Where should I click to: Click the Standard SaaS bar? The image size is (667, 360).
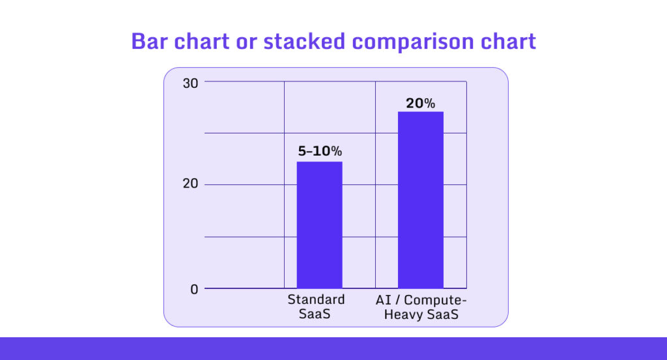tap(319, 225)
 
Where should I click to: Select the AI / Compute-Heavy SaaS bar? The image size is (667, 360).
tap(421, 200)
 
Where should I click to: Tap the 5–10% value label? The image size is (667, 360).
tap(319, 151)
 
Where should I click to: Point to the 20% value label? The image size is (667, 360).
tap(420, 103)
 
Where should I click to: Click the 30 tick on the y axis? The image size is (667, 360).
tap(190, 83)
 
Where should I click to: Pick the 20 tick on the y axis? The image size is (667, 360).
tap(190, 184)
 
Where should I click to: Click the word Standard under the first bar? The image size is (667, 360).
tap(316, 300)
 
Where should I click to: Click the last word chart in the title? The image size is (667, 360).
tap(510, 42)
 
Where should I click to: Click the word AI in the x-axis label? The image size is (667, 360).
tap(382, 300)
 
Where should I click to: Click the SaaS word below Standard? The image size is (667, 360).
tap(316, 315)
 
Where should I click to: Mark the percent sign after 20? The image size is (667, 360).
tap(429, 103)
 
